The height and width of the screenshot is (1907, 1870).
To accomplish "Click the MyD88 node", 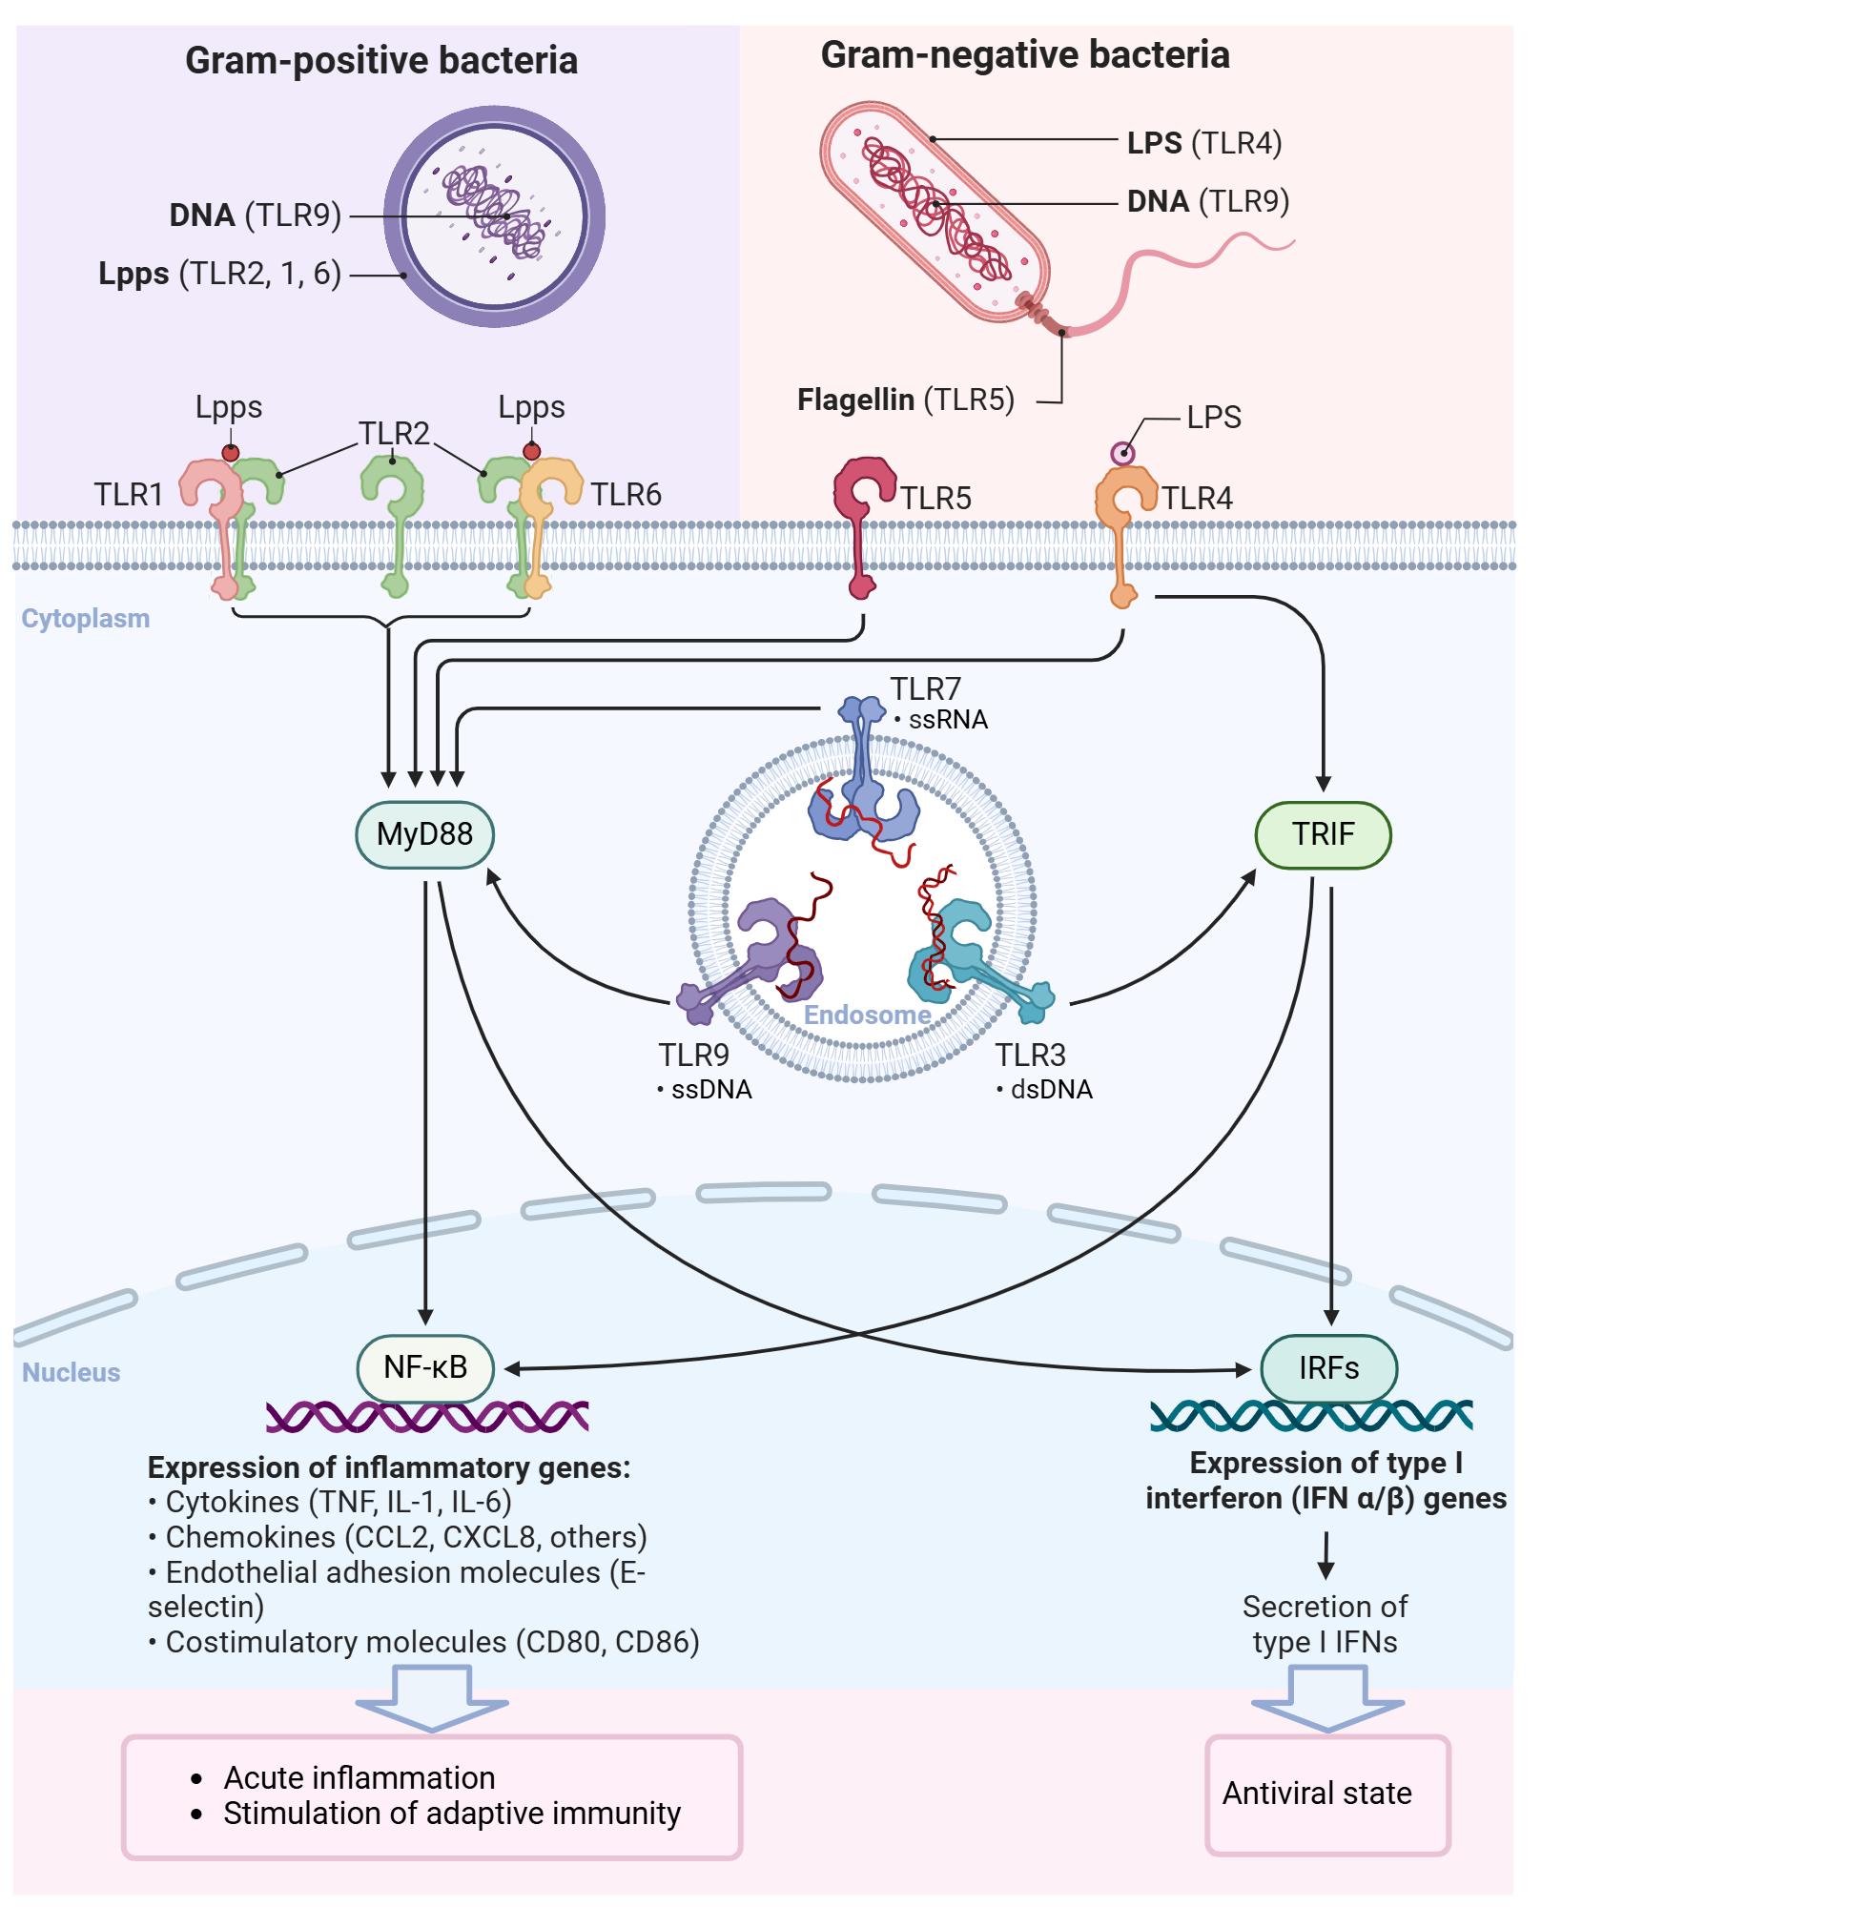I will tap(424, 834).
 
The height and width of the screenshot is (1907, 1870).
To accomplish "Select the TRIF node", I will tap(1322, 834).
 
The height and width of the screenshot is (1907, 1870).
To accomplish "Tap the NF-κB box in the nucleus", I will tap(424, 1367).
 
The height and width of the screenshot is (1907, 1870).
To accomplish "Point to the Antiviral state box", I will tap(1326, 1794).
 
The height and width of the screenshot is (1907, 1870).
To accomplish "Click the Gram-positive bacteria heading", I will tap(381, 61).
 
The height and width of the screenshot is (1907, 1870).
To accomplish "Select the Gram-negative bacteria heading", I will tap(1024, 55).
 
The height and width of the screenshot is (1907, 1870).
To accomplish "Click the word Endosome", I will tap(867, 1015).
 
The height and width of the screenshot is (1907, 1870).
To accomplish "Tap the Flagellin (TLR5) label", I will tap(905, 400).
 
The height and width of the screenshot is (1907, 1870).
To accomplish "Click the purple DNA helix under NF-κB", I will tap(427, 1416).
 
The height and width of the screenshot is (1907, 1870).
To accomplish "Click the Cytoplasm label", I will tap(86, 619).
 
